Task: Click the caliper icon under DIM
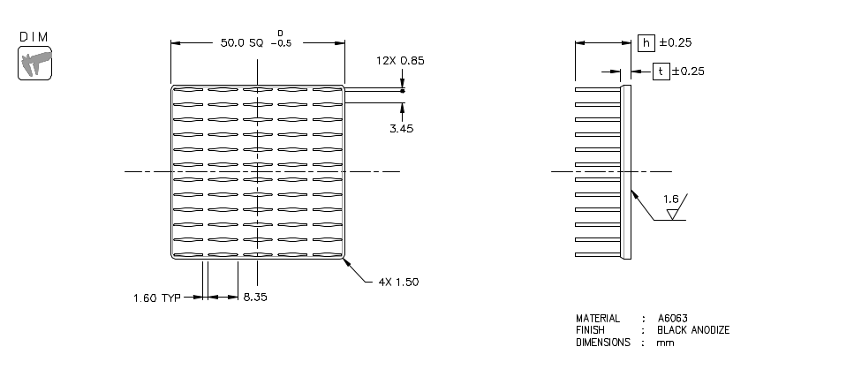[x=35, y=64]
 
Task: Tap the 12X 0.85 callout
[x=400, y=61]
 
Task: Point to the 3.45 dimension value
[x=402, y=128]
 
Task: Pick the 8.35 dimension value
[x=256, y=298]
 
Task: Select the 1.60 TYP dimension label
[x=156, y=298]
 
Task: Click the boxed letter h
[x=646, y=42]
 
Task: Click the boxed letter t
[x=661, y=72]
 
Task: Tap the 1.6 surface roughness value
[x=670, y=200]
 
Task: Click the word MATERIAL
[x=598, y=318]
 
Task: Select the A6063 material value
[x=673, y=318]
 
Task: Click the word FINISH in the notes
[x=590, y=330]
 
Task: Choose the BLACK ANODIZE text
[x=693, y=330]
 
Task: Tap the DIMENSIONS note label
[x=603, y=343]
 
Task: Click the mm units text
[x=665, y=343]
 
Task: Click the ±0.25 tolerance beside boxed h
[x=676, y=42]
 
